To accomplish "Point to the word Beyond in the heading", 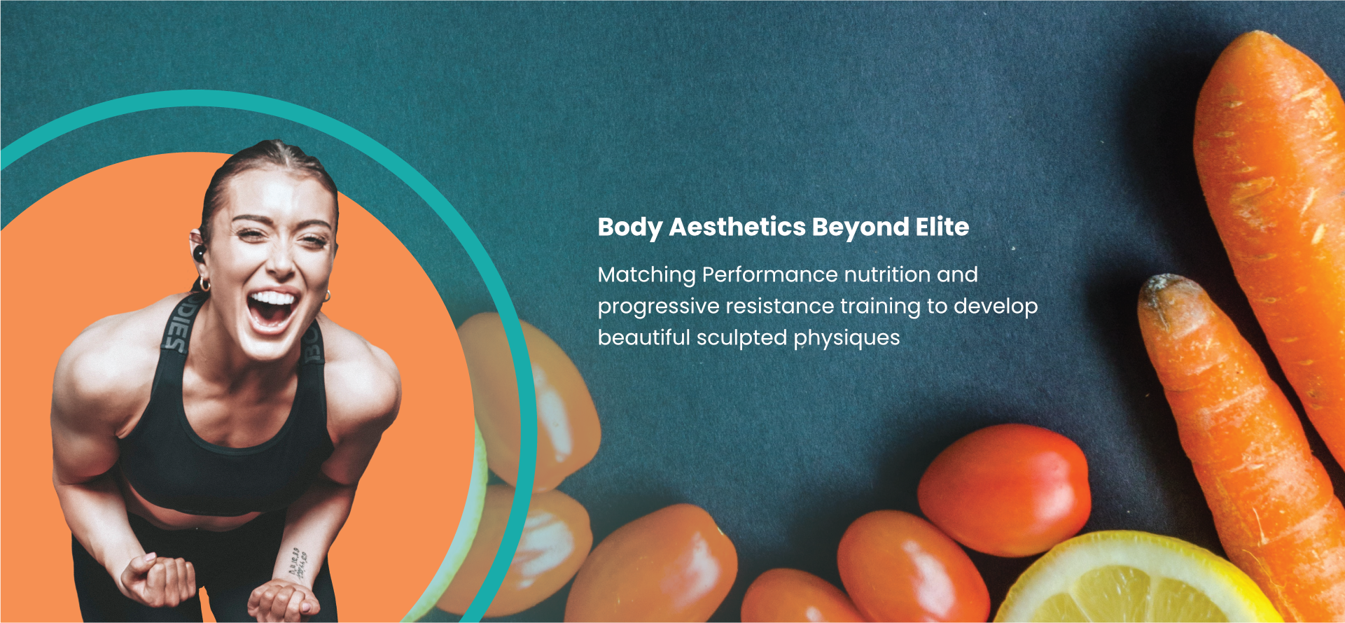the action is tap(860, 227).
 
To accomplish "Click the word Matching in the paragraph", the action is tap(646, 274).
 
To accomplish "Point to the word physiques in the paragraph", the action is tap(846, 338).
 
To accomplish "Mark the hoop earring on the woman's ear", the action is tap(204, 283).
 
